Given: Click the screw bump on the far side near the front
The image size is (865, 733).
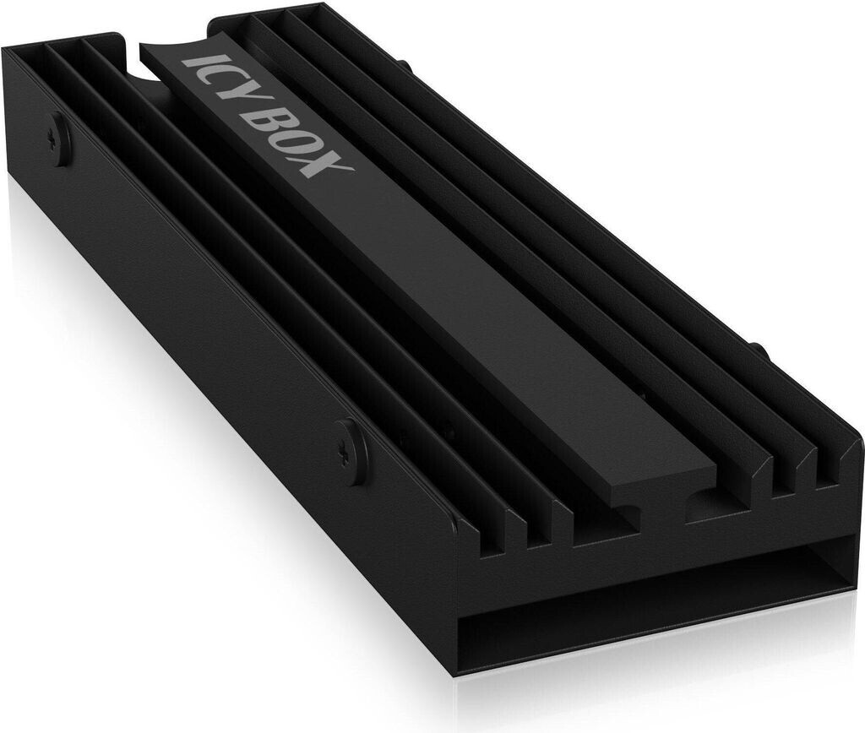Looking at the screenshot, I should pyautogui.click(x=758, y=351).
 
